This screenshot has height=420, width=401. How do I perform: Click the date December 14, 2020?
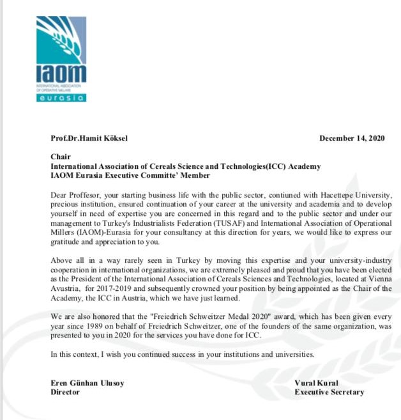(352, 139)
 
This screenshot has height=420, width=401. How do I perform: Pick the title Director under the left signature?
(65, 392)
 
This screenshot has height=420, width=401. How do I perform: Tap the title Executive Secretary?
(329, 392)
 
